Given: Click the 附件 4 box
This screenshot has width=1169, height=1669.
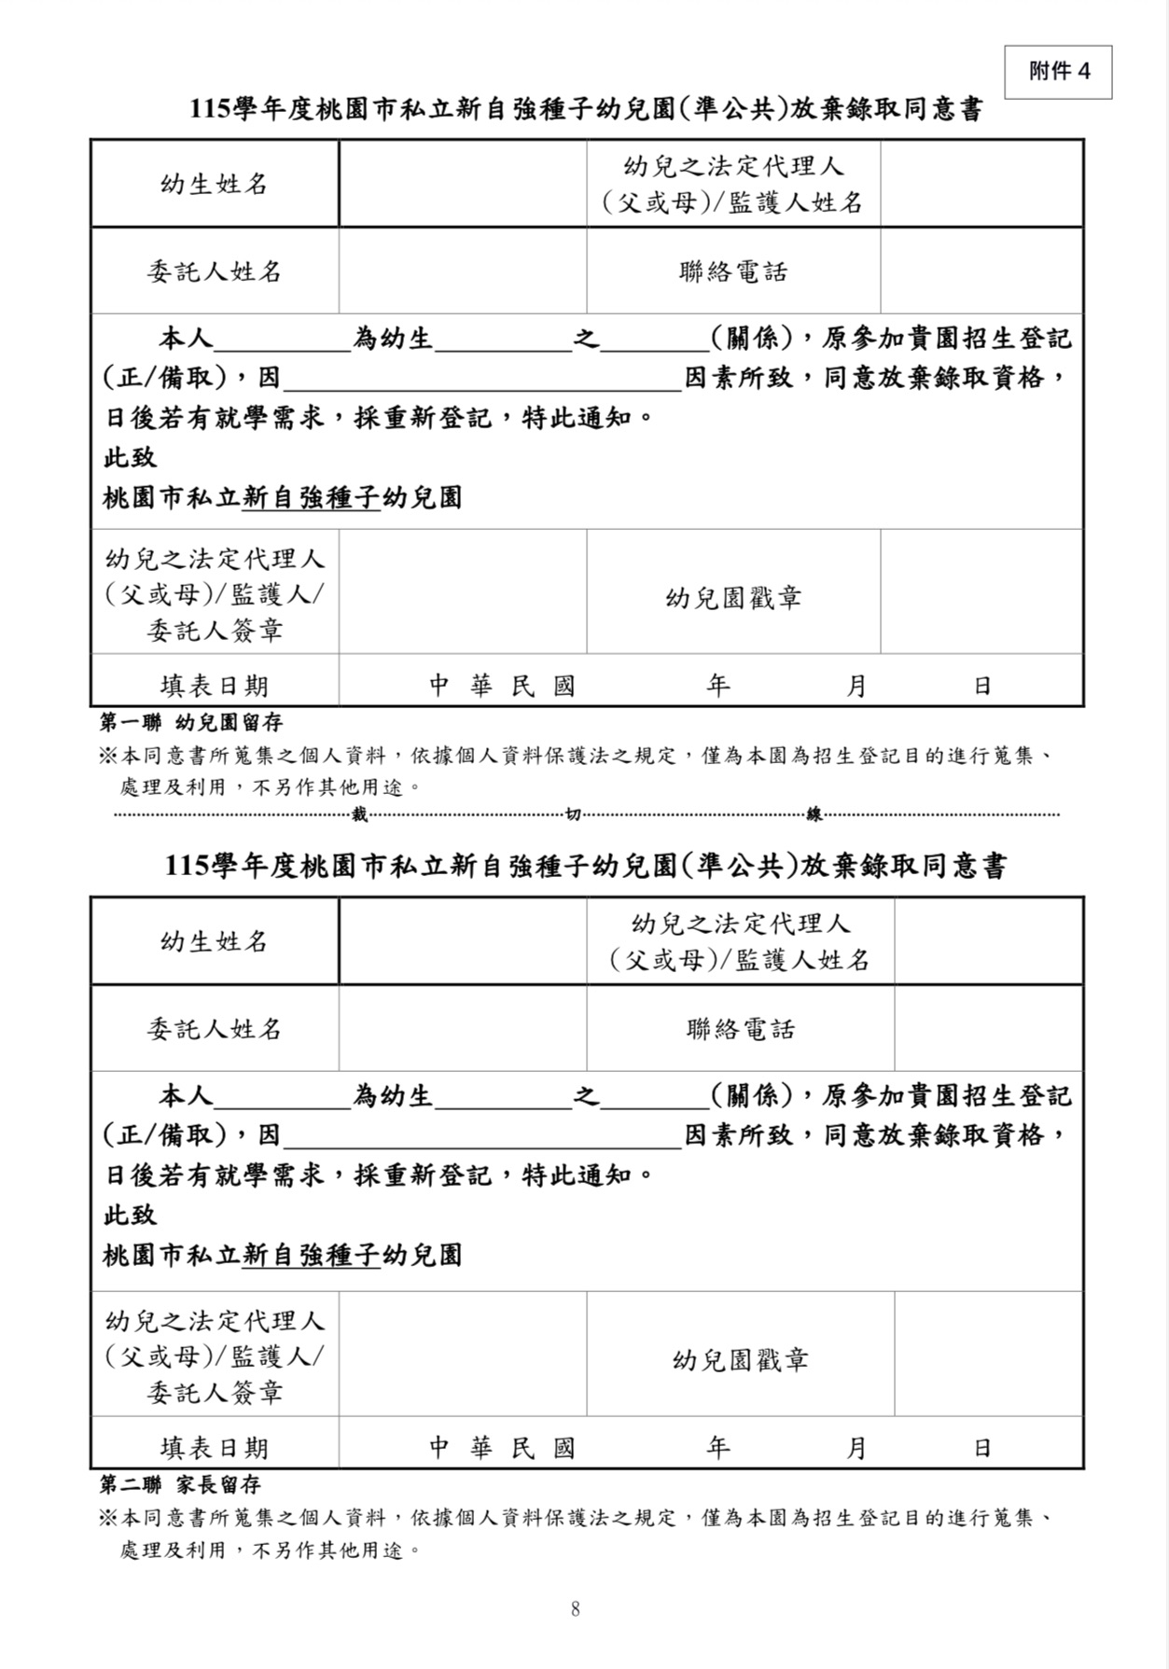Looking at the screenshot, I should [x=1058, y=72].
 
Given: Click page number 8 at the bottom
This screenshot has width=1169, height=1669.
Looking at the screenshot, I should [x=575, y=1608].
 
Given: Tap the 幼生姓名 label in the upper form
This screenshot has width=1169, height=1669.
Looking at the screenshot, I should [x=215, y=184].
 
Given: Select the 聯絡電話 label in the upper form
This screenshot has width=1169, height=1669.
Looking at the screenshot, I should [x=733, y=271].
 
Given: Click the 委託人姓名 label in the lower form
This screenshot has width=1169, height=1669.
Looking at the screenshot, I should [x=215, y=1029].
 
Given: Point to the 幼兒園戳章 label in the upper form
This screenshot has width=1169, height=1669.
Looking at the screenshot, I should [x=733, y=597].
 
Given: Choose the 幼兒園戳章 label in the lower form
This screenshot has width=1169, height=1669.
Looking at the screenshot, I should [x=740, y=1359].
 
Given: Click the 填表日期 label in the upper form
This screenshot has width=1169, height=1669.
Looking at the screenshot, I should [x=215, y=686].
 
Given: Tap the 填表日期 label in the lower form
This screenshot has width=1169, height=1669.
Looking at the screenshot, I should [x=215, y=1448].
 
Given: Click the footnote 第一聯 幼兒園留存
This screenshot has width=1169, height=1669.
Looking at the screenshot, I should [x=191, y=722].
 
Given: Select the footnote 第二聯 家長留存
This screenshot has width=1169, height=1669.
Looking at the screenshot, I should [x=180, y=1484].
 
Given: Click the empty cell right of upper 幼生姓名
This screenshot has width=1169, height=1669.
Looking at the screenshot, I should [x=463, y=184].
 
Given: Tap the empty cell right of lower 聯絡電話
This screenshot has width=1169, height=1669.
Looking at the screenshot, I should [x=988, y=1029].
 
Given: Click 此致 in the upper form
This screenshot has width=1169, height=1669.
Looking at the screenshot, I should [x=130, y=457].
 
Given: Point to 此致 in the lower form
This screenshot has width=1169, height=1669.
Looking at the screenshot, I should [x=130, y=1215].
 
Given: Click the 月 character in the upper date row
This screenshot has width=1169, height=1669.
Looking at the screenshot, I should [x=856, y=687].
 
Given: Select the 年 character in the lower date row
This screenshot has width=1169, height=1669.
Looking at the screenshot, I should [x=717, y=1448].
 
